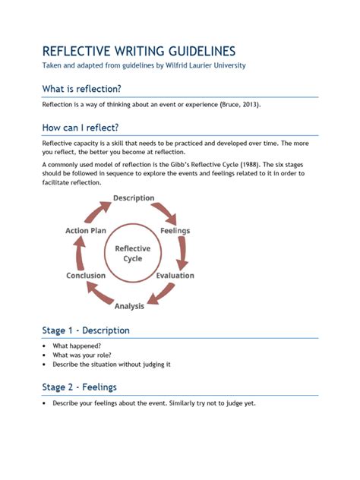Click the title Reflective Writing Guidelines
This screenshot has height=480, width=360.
[138, 51]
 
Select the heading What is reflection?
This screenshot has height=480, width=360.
[81, 89]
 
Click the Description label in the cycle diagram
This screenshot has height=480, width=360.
[134, 198]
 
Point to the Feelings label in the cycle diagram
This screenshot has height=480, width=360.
[175, 230]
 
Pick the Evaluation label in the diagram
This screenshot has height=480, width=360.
[175, 276]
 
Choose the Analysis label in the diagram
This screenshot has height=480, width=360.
[129, 306]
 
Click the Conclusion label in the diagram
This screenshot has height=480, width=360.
[86, 276]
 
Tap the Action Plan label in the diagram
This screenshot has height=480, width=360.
[86, 230]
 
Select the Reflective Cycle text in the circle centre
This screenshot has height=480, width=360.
[132, 254]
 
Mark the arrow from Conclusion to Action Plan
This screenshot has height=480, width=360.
[77, 253]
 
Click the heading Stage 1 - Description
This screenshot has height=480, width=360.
[86, 330]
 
